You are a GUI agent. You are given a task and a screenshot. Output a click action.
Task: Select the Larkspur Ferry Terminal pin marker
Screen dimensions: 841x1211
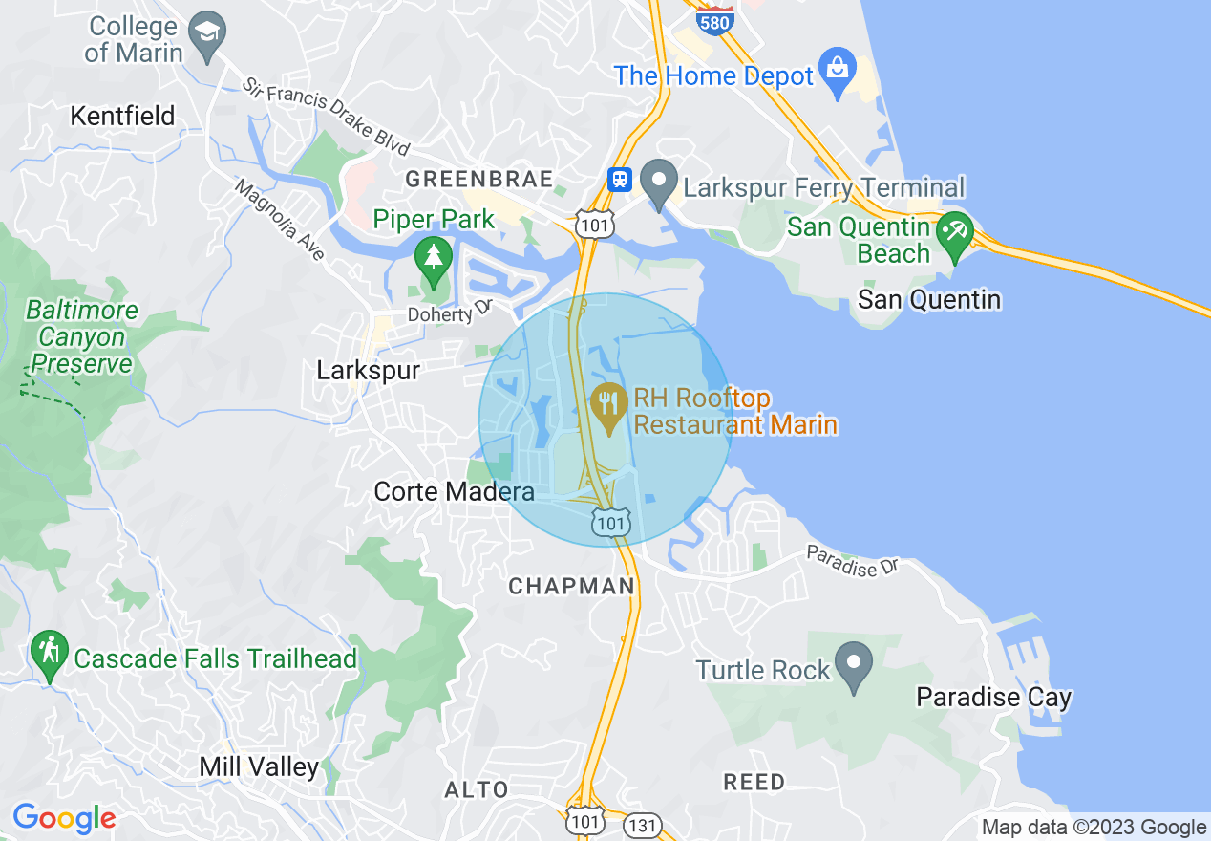click(658, 183)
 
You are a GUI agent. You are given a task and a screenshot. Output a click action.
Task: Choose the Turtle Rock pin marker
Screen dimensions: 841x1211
click(853, 665)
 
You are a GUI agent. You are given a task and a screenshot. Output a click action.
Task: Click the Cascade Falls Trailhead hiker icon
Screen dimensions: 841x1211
click(48, 654)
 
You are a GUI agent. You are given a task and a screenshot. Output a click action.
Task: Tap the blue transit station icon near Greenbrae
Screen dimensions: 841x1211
click(620, 179)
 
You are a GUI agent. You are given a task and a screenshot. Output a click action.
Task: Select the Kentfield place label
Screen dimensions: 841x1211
click(123, 117)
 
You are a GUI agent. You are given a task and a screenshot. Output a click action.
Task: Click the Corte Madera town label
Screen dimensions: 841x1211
click(454, 492)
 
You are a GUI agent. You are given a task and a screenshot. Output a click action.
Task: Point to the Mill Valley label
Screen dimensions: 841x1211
click(259, 766)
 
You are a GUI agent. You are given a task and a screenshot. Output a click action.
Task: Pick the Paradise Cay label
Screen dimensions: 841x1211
click(993, 698)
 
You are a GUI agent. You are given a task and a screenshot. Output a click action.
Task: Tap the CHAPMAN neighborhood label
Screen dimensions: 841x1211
click(571, 586)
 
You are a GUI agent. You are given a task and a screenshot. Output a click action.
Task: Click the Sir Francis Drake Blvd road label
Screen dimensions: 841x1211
click(325, 117)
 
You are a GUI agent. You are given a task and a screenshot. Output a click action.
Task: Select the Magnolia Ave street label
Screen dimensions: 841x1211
click(280, 220)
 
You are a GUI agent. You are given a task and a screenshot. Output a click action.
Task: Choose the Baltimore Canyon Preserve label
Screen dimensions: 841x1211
click(81, 337)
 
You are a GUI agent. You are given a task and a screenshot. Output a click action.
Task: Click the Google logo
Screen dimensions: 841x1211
click(63, 818)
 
